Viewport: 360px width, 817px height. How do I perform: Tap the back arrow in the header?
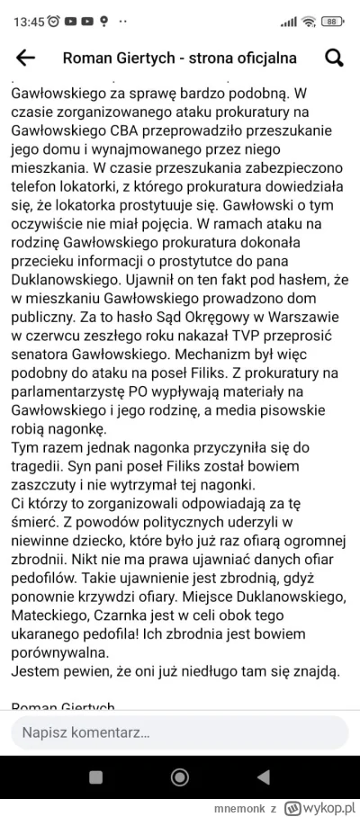tap(26, 58)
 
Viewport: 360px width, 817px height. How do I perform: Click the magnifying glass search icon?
tap(334, 58)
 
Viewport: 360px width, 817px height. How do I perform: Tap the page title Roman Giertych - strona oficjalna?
tap(179, 58)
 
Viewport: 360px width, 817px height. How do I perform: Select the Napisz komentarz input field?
tap(179, 733)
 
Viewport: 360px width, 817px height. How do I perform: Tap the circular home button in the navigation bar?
tap(179, 777)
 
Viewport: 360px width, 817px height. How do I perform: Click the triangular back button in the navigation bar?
tap(263, 777)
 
